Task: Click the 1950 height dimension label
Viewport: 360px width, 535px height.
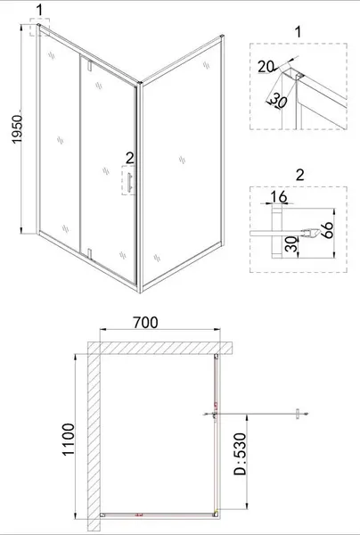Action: click(x=17, y=129)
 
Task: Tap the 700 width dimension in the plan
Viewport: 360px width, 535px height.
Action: click(x=145, y=323)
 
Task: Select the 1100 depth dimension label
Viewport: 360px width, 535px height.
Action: click(x=69, y=439)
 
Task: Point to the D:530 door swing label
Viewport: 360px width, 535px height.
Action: click(x=240, y=454)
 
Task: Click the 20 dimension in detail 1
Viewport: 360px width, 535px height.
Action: click(x=266, y=67)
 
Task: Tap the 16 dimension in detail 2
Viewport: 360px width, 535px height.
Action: click(x=279, y=197)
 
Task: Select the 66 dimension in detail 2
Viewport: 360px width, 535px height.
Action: click(x=327, y=230)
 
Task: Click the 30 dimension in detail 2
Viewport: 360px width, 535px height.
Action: click(x=291, y=244)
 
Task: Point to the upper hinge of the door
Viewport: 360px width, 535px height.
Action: click(x=90, y=65)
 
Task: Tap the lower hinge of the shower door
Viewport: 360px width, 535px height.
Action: click(x=90, y=254)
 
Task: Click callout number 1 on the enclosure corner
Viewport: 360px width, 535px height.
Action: click(x=40, y=10)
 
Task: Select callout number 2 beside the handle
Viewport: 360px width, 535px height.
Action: click(x=129, y=159)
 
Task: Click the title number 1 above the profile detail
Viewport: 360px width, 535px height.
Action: click(x=299, y=32)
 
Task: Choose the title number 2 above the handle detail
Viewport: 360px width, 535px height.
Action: click(x=299, y=175)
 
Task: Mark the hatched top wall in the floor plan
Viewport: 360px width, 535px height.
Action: click(x=160, y=349)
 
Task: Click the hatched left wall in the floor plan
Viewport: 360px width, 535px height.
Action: click(x=94, y=436)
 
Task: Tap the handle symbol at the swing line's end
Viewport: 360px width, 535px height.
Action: click(x=298, y=414)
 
